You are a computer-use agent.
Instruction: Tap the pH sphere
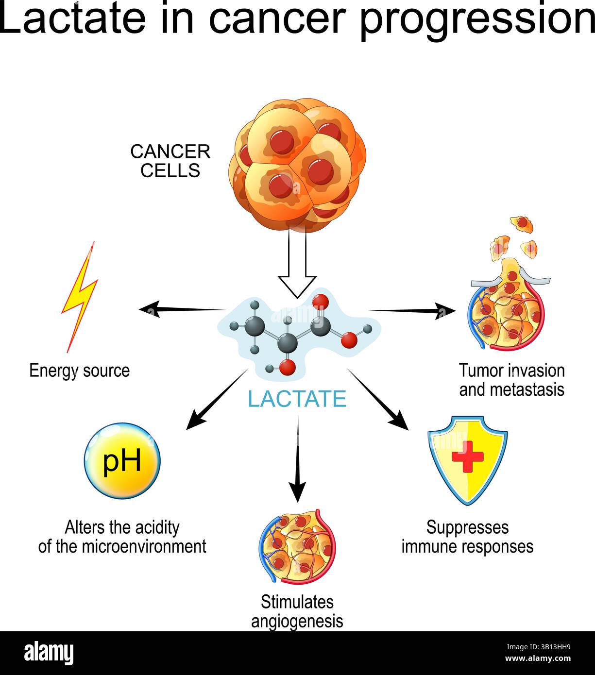122,461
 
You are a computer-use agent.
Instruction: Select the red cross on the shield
467,457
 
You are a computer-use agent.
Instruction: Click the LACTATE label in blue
297,399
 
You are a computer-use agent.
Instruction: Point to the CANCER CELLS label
170,161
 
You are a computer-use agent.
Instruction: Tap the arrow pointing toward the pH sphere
216,400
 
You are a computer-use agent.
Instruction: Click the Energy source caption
79,371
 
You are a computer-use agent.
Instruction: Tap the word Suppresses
467,527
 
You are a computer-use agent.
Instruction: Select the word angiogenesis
297,621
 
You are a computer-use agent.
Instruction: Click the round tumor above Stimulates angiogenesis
297,546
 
